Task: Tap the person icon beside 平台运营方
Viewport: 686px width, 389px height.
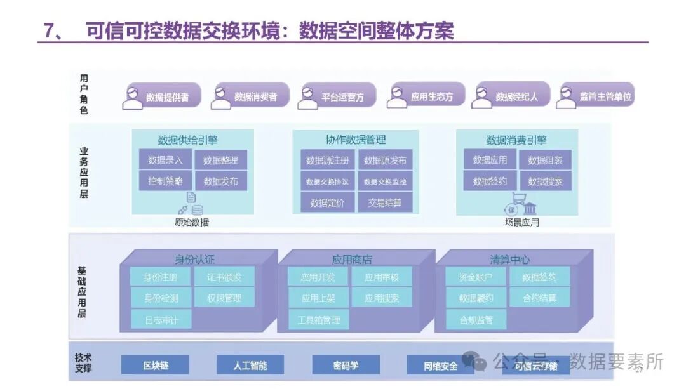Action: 307,96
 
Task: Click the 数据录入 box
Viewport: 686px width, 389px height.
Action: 165,160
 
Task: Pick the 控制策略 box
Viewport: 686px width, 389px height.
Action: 165,181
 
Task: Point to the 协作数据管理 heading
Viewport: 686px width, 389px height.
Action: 355,140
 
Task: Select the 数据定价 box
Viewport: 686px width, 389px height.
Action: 327,202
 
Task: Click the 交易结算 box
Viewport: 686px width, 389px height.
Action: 385,202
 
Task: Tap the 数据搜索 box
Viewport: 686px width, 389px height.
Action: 545,181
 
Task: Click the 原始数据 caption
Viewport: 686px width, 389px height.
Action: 192,222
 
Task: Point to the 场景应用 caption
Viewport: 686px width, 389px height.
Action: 521,222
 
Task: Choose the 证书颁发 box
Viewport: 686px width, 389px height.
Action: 224,277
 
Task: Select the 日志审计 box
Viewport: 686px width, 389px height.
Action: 161,319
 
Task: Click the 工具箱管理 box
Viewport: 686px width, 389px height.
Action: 318,319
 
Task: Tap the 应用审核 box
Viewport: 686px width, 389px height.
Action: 382,277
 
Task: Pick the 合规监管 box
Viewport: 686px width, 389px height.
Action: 476,319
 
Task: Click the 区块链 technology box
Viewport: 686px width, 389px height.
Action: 155,365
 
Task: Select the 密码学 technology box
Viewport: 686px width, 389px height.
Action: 346,365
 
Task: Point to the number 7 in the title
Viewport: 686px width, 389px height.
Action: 48,30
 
